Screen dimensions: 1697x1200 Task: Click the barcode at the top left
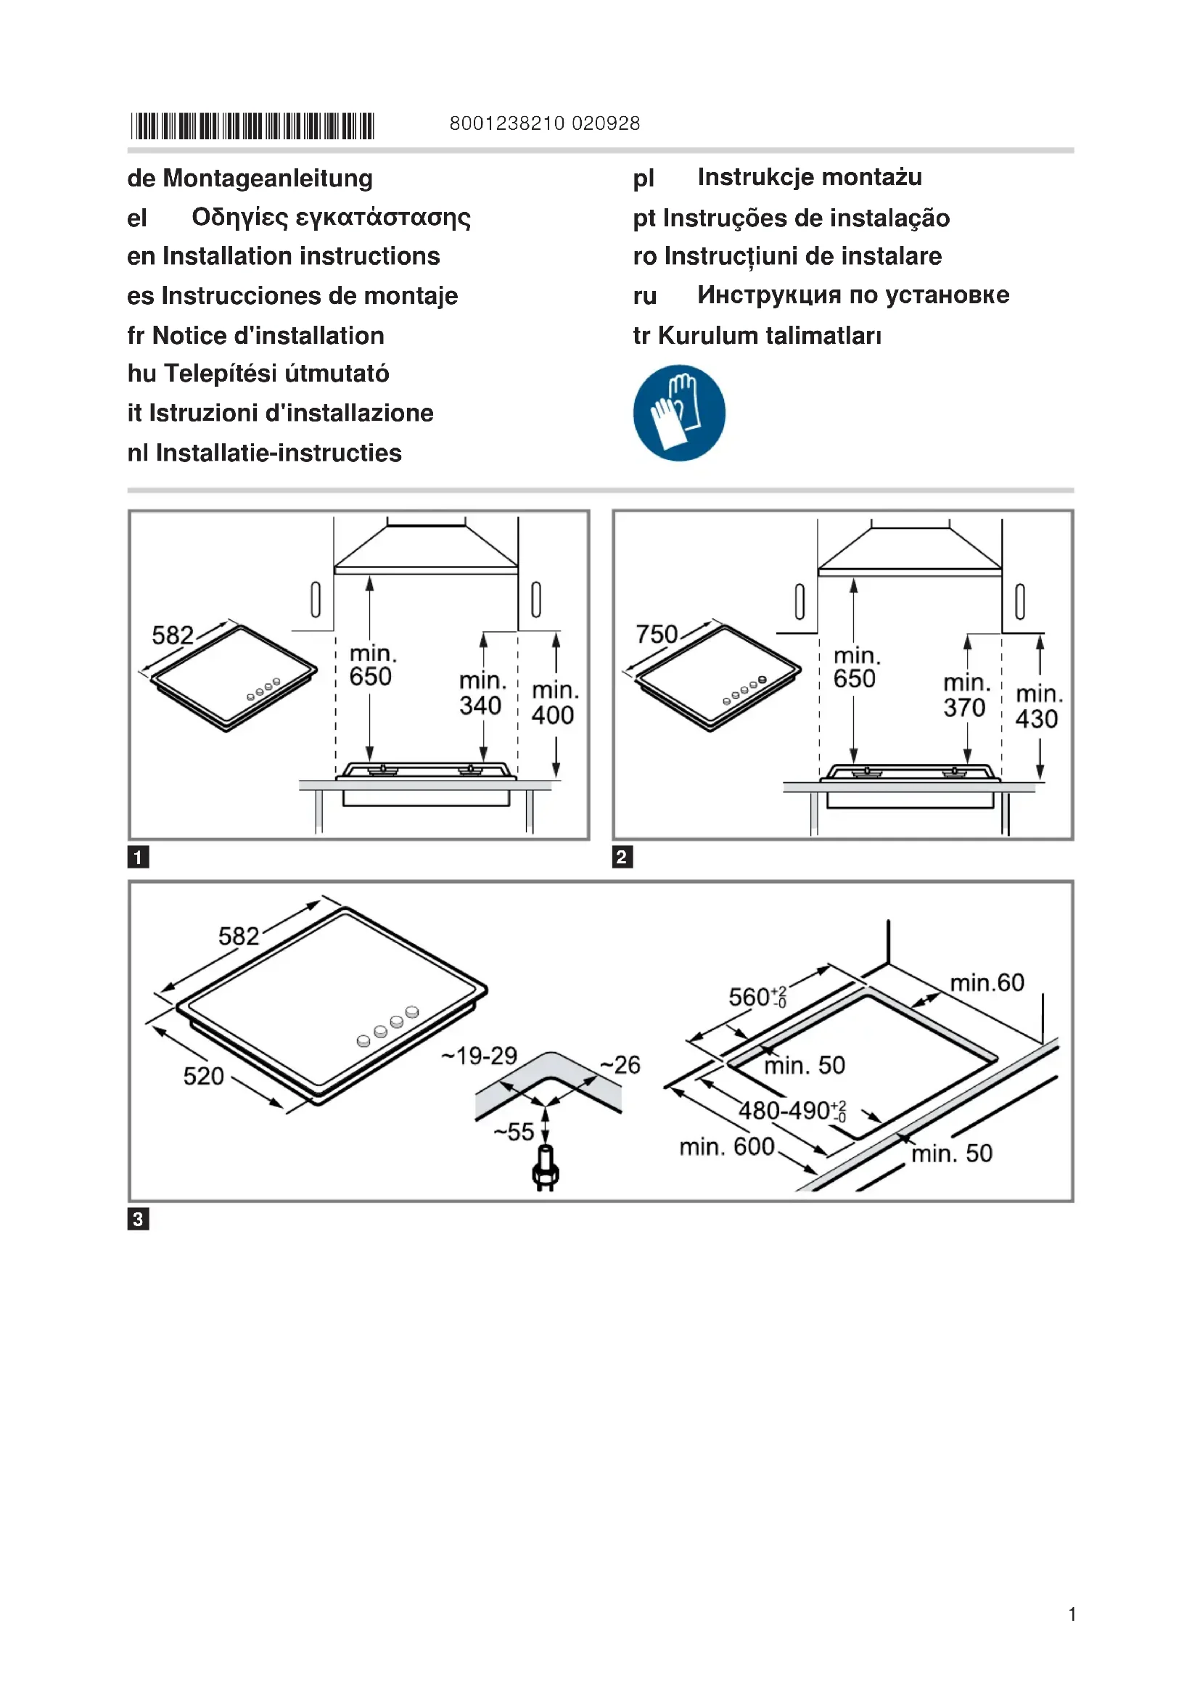tap(252, 126)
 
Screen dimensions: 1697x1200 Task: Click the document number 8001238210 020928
tap(545, 123)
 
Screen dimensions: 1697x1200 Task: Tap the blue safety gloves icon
tap(679, 412)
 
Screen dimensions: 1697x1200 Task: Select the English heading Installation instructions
tap(301, 255)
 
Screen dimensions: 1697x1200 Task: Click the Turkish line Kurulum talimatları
tap(768, 336)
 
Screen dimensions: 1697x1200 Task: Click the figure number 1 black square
tap(138, 857)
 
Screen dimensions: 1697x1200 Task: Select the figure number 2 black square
tap(622, 857)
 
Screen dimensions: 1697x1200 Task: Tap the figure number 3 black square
tap(138, 1219)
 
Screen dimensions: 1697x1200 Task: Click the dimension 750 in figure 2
tap(656, 634)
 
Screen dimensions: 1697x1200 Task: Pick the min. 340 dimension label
tap(481, 694)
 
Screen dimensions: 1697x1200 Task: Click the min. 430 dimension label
tap(1038, 707)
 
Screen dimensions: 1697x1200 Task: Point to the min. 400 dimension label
tap(554, 703)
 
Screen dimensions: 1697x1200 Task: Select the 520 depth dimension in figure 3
tap(203, 1076)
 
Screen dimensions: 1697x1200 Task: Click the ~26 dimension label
tap(621, 1065)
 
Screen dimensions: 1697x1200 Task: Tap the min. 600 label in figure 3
tap(727, 1146)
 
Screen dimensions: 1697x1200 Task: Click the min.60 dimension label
tap(987, 983)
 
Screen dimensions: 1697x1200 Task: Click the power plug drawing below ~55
tap(546, 1170)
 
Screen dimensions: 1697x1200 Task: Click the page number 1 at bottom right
tap(1072, 1614)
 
